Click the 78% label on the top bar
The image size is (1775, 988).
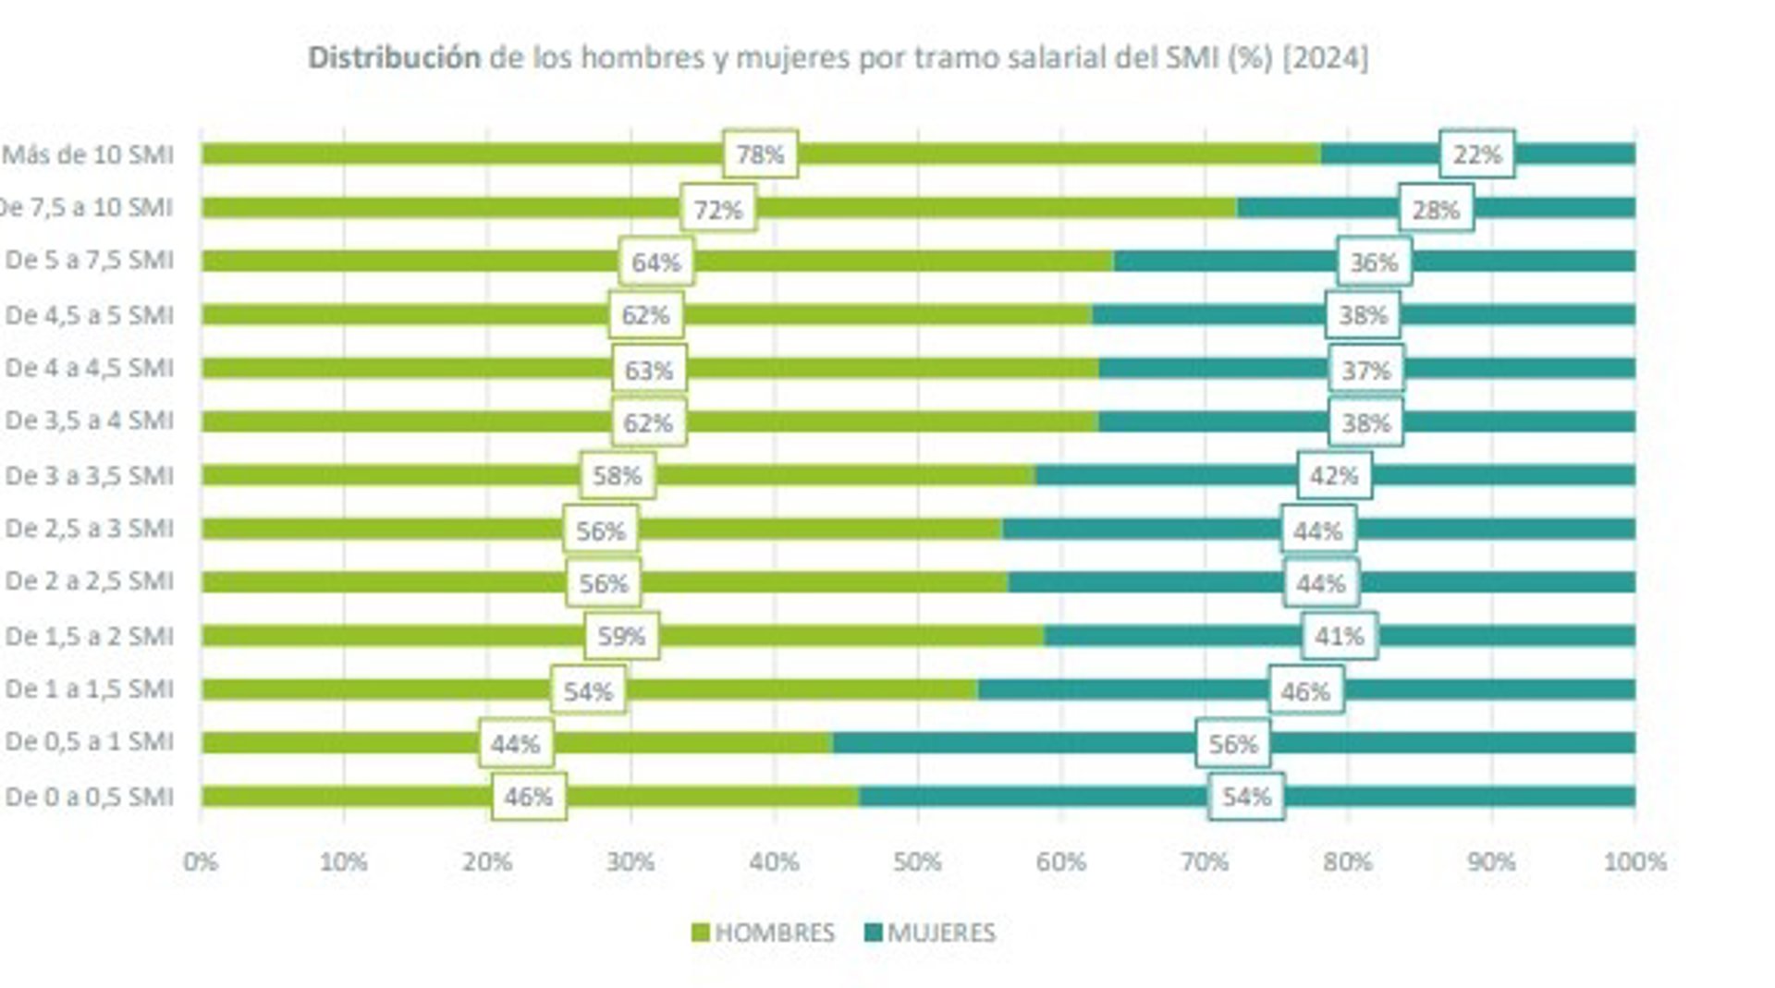point(760,154)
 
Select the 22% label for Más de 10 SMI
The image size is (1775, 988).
point(1476,154)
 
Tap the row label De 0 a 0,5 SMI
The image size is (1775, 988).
point(89,797)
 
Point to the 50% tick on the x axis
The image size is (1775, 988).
point(917,862)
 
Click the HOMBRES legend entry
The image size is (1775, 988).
point(763,933)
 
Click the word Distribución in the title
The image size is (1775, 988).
point(394,58)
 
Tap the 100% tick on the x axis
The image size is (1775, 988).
point(1634,862)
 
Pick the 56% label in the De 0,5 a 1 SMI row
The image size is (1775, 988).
point(1232,744)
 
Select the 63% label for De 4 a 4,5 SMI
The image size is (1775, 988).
point(648,371)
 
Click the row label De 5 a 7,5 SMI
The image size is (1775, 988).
point(89,261)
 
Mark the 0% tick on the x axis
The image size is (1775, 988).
point(201,862)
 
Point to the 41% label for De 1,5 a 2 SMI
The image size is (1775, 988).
point(1340,636)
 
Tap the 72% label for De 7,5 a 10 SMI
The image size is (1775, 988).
point(718,210)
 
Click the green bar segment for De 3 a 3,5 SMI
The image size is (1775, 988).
point(388,475)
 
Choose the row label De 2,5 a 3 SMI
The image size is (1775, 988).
point(89,529)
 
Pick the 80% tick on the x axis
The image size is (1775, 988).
point(1347,862)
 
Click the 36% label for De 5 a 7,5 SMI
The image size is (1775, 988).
point(1374,262)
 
